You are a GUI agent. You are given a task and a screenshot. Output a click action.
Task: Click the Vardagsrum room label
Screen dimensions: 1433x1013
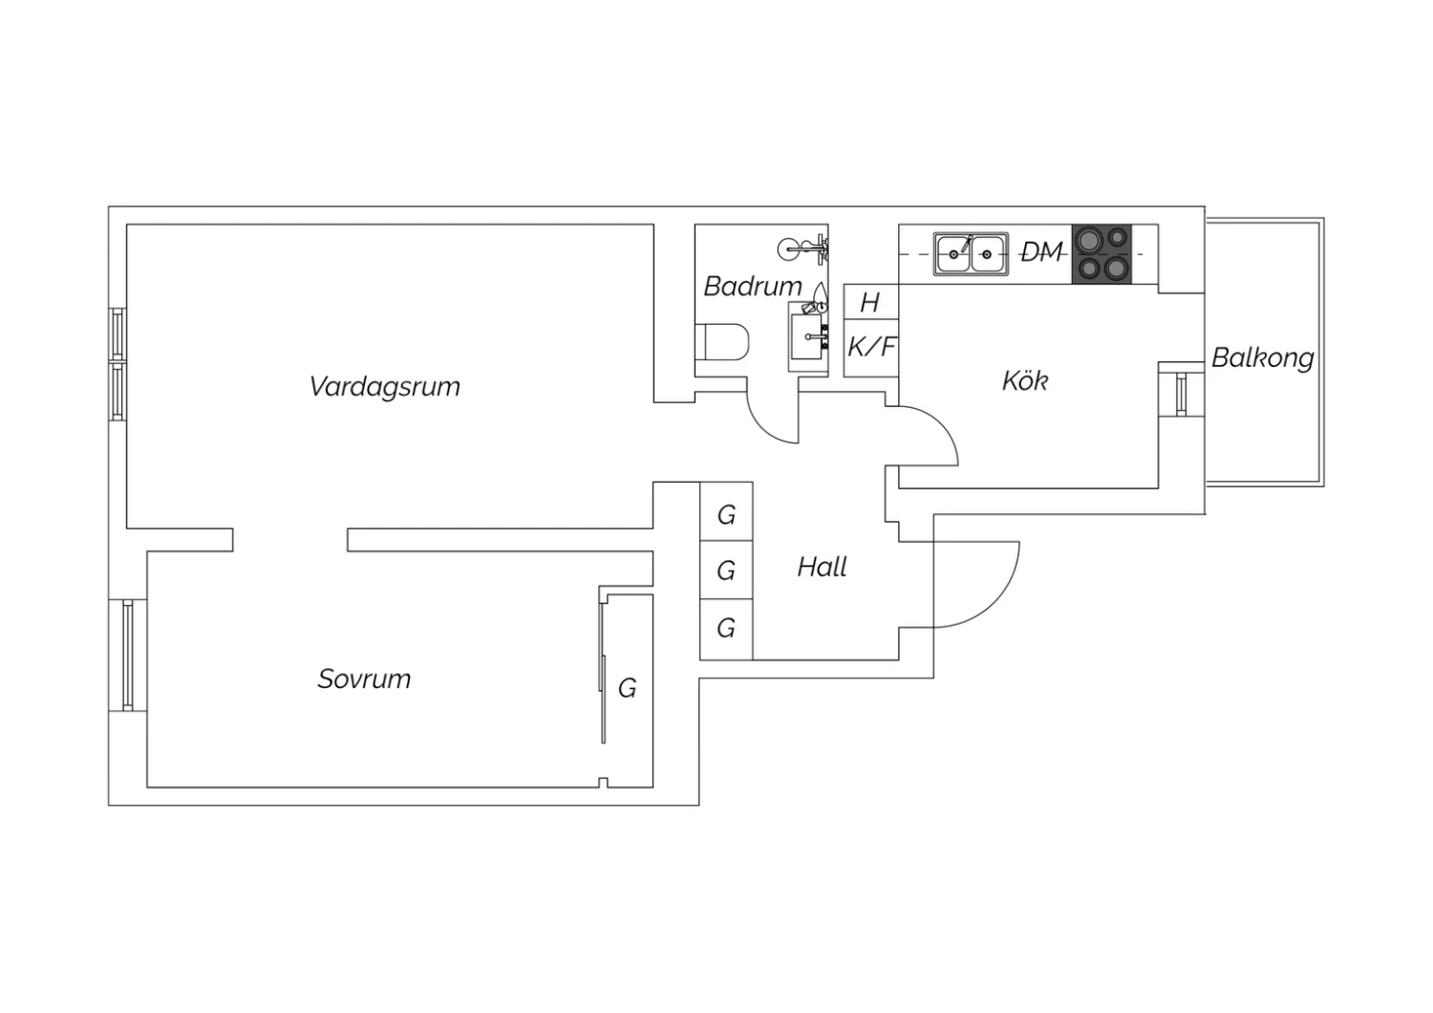[384, 387]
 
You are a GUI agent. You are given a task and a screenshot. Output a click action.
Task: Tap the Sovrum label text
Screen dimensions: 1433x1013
[364, 679]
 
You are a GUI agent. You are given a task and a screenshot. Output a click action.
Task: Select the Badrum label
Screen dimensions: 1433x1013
[753, 286]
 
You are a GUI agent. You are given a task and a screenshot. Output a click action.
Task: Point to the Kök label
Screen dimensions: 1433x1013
[1025, 380]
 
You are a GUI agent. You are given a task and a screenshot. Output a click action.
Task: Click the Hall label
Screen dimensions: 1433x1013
[822, 567]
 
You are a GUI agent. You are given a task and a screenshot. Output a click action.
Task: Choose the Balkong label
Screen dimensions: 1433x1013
[1263, 357]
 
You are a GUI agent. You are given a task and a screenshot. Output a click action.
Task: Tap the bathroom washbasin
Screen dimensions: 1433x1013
[807, 336]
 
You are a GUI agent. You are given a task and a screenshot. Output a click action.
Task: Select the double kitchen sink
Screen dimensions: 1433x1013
[971, 254]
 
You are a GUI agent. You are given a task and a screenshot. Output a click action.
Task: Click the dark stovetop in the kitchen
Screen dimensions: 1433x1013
[1101, 254]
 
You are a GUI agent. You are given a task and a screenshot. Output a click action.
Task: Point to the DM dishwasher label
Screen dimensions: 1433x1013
[1042, 252]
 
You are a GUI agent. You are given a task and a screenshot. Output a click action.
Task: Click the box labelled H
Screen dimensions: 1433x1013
[871, 301]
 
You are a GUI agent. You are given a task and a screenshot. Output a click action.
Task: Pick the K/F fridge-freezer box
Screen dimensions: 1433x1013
[871, 348]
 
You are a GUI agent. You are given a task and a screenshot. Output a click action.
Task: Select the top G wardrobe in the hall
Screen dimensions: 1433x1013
[726, 511]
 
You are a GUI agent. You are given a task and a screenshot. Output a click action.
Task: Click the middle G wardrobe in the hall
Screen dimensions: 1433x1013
[726, 571]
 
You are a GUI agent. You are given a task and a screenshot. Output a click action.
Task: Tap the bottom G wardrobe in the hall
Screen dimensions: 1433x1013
[726, 630]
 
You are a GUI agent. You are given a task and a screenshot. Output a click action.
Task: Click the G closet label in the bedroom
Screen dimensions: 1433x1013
[627, 689]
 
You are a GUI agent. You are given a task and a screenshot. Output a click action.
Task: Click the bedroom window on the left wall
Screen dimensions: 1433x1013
[127, 655]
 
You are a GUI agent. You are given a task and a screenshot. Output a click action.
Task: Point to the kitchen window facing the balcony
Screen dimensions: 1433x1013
[1182, 394]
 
